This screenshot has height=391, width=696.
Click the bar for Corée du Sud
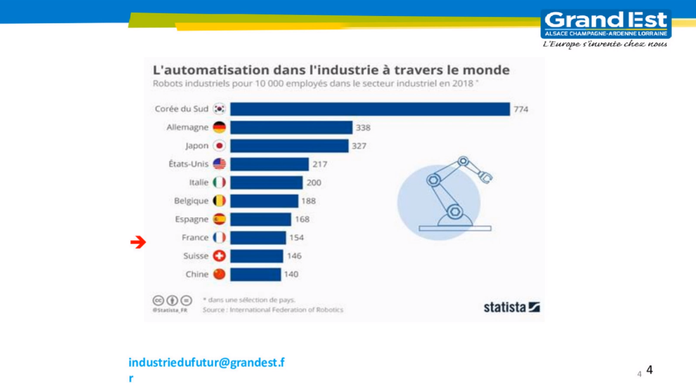click(x=370, y=109)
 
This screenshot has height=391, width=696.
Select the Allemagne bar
click(x=291, y=128)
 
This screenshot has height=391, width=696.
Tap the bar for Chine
click(x=255, y=274)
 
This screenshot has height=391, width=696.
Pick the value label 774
click(x=521, y=109)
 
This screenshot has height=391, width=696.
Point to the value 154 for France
click(x=296, y=237)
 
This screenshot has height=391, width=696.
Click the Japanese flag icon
click(x=219, y=145)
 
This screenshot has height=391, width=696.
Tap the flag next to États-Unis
click(x=219, y=164)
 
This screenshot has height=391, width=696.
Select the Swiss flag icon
click(x=219, y=256)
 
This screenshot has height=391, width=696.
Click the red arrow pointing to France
click(x=138, y=242)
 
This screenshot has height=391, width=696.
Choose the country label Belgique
click(x=191, y=201)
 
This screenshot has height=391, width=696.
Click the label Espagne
click(x=192, y=219)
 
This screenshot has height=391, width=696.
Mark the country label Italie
click(x=199, y=182)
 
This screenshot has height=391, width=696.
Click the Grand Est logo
click(x=606, y=25)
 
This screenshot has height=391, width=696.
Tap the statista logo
click(x=511, y=307)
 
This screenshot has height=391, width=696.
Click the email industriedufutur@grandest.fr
click(x=206, y=363)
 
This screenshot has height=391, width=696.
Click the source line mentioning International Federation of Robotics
click(x=273, y=310)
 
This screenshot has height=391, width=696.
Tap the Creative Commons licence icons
click(x=171, y=300)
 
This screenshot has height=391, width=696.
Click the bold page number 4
click(x=650, y=370)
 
